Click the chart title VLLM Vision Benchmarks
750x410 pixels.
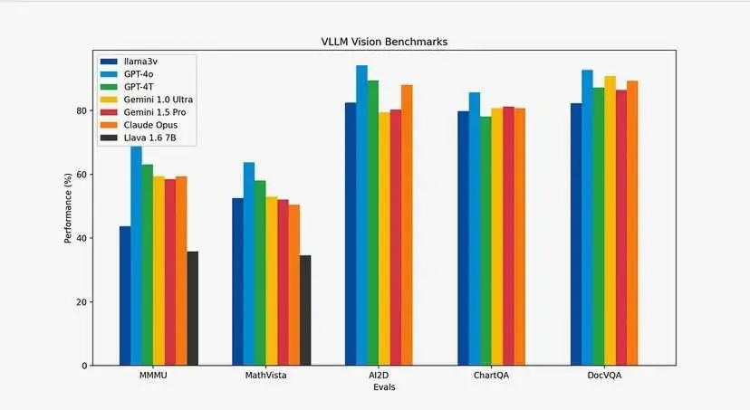click(x=383, y=42)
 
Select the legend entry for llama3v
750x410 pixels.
click(x=137, y=61)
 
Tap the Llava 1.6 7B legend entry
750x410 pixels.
click(x=147, y=137)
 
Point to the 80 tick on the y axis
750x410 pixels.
click(x=82, y=110)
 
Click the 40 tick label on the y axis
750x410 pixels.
click(x=82, y=238)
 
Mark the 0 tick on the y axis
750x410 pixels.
click(x=84, y=366)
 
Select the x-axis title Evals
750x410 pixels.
click(x=383, y=387)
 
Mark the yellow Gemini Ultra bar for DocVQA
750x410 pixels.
click(x=610, y=221)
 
